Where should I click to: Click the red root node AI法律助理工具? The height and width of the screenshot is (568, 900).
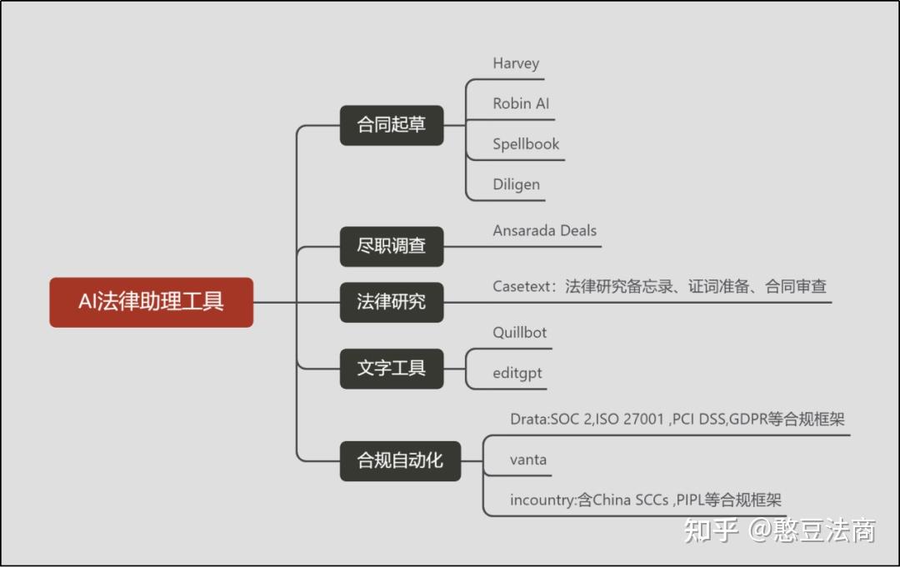151,302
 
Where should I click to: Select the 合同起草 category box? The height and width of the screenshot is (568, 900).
391,125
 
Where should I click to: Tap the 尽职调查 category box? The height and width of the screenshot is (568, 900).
391,246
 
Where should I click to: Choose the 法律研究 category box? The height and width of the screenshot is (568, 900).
391,302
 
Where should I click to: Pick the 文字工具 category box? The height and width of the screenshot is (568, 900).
391,368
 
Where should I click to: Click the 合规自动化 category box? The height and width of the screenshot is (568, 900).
400,460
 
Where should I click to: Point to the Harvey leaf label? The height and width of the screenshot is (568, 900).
516,63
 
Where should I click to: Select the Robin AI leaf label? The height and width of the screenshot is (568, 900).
521,104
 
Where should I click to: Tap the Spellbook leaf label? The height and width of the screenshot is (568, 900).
526,144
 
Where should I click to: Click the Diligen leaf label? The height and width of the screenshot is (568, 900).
516,184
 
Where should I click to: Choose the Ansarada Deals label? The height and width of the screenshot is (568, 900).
544,231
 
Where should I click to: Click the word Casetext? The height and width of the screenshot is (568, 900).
522,287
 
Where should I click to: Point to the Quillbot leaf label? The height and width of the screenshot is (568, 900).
519,333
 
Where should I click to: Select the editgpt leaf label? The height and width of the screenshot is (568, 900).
517,373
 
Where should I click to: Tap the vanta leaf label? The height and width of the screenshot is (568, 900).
528,460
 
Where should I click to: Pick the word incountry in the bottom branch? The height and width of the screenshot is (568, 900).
542,500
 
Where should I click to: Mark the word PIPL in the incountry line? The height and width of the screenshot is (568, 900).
692,500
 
